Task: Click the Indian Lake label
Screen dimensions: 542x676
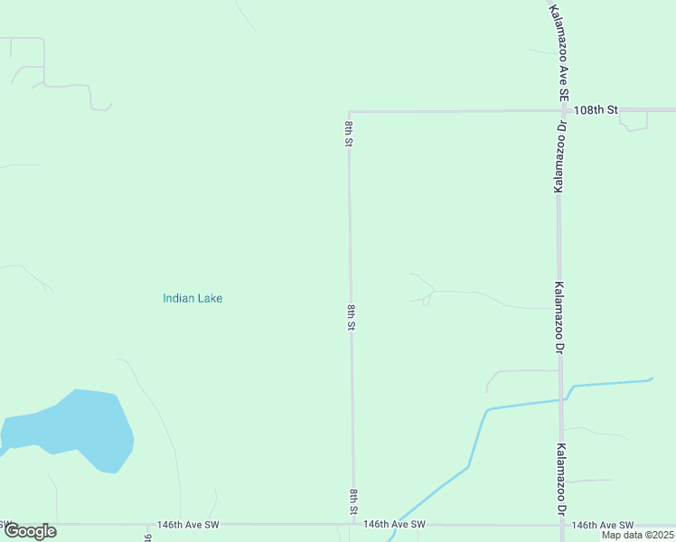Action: point(192,298)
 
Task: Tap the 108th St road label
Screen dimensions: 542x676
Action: point(596,109)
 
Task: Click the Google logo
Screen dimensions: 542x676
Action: point(30,531)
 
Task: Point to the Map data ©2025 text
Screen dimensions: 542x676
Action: point(637,535)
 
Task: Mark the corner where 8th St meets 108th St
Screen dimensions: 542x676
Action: point(349,112)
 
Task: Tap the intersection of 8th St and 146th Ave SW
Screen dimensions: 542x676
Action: point(353,524)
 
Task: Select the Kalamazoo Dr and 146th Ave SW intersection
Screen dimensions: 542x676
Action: point(562,524)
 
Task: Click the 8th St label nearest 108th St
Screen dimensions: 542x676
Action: point(348,133)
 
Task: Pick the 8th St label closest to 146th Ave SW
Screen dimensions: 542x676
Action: point(353,502)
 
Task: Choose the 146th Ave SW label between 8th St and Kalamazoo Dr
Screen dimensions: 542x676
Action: point(394,524)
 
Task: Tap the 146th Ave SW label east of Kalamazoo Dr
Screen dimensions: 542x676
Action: point(603,525)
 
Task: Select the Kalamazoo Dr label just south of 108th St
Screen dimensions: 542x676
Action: point(559,156)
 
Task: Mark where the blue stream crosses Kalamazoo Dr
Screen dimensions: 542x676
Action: point(561,398)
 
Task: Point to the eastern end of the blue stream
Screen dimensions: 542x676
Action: point(652,379)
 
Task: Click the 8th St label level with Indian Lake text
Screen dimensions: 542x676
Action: point(351,317)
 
